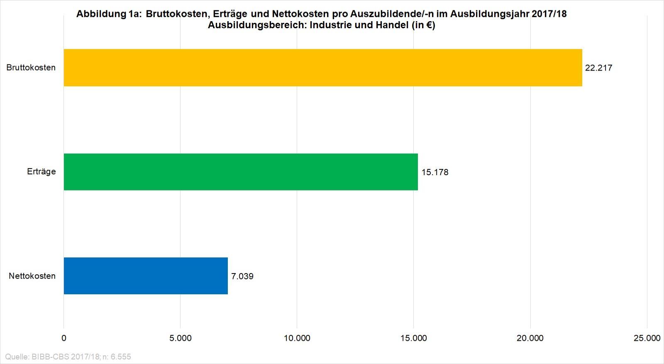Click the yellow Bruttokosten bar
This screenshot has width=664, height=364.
click(x=323, y=68)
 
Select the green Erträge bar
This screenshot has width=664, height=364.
click(x=241, y=172)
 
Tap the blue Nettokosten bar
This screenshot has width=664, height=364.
click(x=146, y=276)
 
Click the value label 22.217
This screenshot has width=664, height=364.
click(x=598, y=68)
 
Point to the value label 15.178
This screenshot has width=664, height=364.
click(x=435, y=172)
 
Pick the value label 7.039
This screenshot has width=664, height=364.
click(x=242, y=276)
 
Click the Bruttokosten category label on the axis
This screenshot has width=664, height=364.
click(x=31, y=68)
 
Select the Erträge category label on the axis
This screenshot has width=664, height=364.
click(x=41, y=172)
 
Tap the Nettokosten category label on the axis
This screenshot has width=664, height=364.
click(x=32, y=276)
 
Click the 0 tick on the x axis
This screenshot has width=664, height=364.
click(x=64, y=338)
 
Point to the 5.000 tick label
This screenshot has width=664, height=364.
click(x=181, y=338)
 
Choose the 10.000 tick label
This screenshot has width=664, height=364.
click(x=297, y=338)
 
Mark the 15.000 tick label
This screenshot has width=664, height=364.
click(x=414, y=338)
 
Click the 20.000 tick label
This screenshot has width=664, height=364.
click(x=530, y=338)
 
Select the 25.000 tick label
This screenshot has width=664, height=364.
click(x=647, y=338)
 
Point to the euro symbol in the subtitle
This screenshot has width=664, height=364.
click(x=428, y=25)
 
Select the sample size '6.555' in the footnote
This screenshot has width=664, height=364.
click(x=121, y=357)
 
